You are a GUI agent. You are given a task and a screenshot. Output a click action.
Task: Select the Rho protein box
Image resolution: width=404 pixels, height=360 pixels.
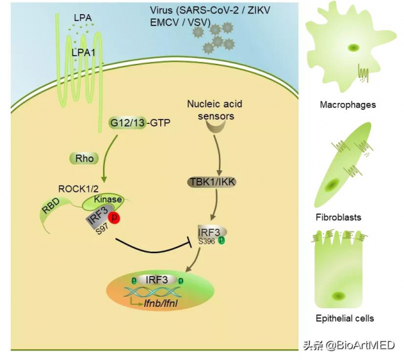tap(82, 159)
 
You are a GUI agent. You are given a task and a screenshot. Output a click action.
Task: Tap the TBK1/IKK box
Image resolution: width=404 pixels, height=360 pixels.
tap(215, 182)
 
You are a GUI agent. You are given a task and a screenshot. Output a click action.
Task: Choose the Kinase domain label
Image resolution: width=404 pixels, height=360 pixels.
tap(106, 201)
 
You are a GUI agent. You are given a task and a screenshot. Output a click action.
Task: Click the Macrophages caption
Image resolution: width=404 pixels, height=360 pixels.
tap(348, 105)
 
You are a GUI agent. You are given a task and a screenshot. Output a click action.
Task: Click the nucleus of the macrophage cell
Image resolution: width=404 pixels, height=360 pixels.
tap(353, 48)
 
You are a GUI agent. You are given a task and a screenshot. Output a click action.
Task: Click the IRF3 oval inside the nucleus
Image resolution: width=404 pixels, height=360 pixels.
tap(157, 279)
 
